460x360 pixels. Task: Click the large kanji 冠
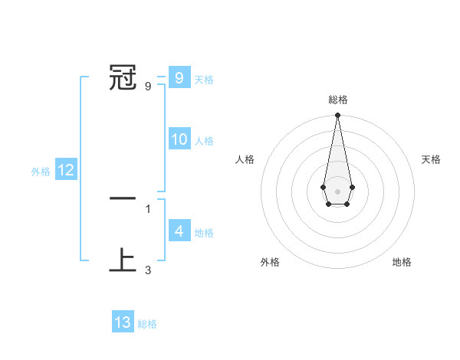[x=123, y=77]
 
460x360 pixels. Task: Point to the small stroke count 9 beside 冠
[x=147, y=87]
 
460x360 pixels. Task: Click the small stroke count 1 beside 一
[x=147, y=208]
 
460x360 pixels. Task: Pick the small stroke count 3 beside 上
[x=147, y=270]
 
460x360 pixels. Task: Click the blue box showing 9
[x=179, y=78]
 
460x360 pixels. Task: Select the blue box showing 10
[x=179, y=139]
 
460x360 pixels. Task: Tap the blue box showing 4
[x=179, y=231]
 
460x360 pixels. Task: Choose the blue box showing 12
[x=66, y=171]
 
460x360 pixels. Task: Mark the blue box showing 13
[x=123, y=322]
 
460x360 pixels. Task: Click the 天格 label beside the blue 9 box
[x=204, y=80]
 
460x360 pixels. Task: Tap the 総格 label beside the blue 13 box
[x=147, y=324]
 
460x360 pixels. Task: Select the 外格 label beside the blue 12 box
[x=41, y=172]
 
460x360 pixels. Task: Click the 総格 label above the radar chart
[x=337, y=100]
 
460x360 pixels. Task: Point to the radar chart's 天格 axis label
[x=431, y=159]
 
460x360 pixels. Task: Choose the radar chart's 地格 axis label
[x=402, y=262]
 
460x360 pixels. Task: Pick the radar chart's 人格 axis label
[x=245, y=159]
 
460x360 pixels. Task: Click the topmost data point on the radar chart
[x=337, y=116]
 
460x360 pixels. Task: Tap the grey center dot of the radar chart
[x=337, y=191]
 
